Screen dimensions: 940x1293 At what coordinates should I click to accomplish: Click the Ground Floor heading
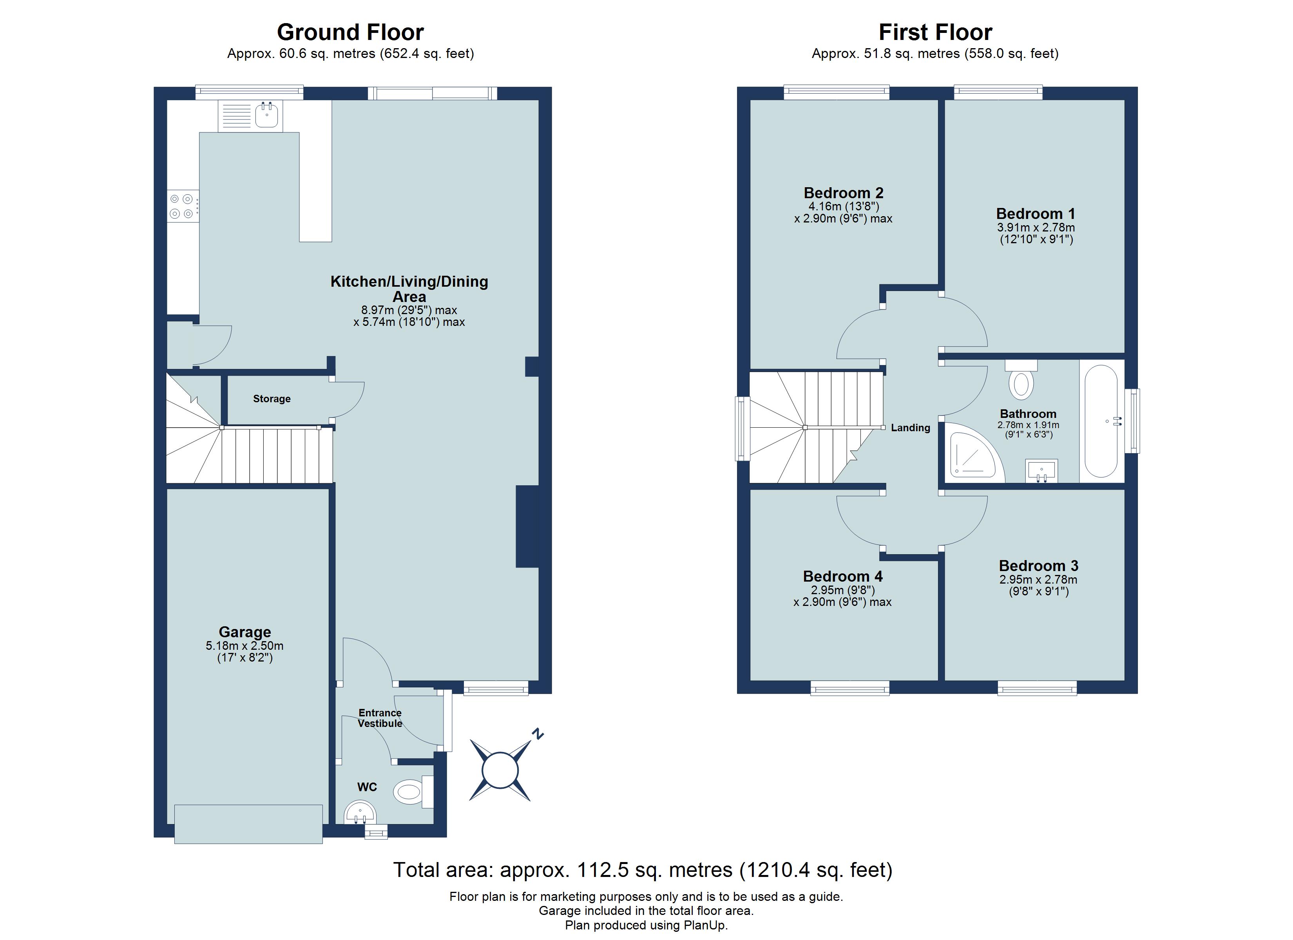coord(350,33)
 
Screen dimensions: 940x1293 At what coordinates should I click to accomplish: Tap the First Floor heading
coord(935,33)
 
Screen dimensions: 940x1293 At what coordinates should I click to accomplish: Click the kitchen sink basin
coord(266,116)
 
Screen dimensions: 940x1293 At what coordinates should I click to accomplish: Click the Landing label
coord(911,428)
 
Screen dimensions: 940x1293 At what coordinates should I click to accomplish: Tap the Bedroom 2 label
coord(843,193)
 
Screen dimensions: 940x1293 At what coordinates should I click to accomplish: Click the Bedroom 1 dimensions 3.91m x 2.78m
coord(1036,228)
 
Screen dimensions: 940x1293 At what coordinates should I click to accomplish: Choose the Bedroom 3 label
coord(1038,566)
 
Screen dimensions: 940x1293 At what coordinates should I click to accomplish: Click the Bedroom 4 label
coord(843,576)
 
